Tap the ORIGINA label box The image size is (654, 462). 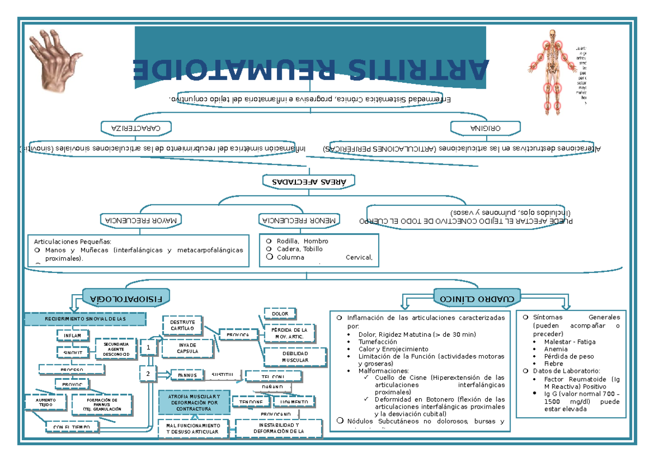(486, 127)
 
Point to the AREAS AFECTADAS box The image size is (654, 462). (309, 180)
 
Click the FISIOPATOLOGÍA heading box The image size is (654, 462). (127, 298)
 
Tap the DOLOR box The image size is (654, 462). (280, 313)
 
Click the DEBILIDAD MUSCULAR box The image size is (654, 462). (295, 357)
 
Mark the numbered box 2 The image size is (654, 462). (147, 374)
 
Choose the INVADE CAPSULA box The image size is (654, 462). (187, 348)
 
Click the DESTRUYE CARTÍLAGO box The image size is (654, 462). (182, 325)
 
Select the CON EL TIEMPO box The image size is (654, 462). (72, 427)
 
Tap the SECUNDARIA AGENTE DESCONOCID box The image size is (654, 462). (116, 350)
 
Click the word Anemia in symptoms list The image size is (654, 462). (556, 349)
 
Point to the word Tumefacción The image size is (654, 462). (378, 341)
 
